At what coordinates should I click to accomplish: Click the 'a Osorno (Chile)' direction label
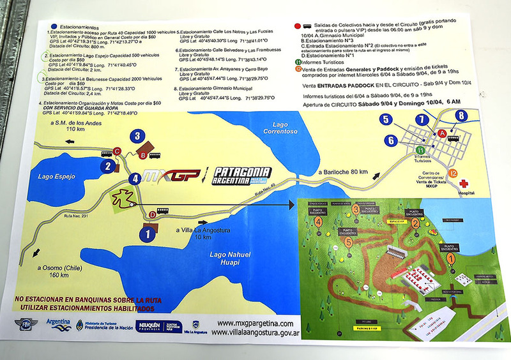(53, 271)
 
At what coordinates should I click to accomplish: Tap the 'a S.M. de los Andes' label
(62, 125)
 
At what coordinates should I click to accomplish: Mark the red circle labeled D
(151, 214)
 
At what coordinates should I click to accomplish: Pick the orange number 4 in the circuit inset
(317, 222)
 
